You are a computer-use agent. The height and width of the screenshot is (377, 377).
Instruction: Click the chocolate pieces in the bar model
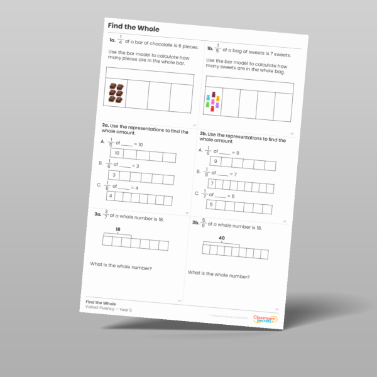[x=116, y=93]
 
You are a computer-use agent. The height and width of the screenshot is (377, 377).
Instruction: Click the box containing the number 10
[x=117, y=153]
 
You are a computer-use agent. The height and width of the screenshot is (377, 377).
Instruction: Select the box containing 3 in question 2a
[x=114, y=175]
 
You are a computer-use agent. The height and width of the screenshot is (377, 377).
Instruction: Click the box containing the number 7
[x=212, y=183]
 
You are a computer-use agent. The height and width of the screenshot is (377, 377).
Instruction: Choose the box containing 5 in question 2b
[x=211, y=205]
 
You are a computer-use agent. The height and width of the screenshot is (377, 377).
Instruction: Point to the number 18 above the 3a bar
[x=117, y=231]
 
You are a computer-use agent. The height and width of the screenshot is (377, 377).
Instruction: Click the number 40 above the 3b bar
[x=222, y=238]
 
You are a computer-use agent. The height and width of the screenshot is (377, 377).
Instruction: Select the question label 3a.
[x=94, y=215]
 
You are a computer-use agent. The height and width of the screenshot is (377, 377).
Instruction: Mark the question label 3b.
[x=196, y=223]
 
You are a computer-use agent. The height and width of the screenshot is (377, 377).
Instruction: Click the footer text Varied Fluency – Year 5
[x=106, y=309]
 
